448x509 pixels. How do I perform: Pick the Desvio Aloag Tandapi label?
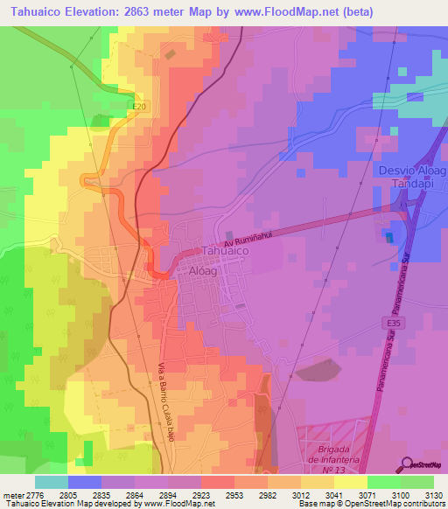pos(411,177)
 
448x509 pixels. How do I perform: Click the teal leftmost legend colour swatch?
pos(52,482)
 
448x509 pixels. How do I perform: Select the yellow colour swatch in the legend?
pos(351,482)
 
